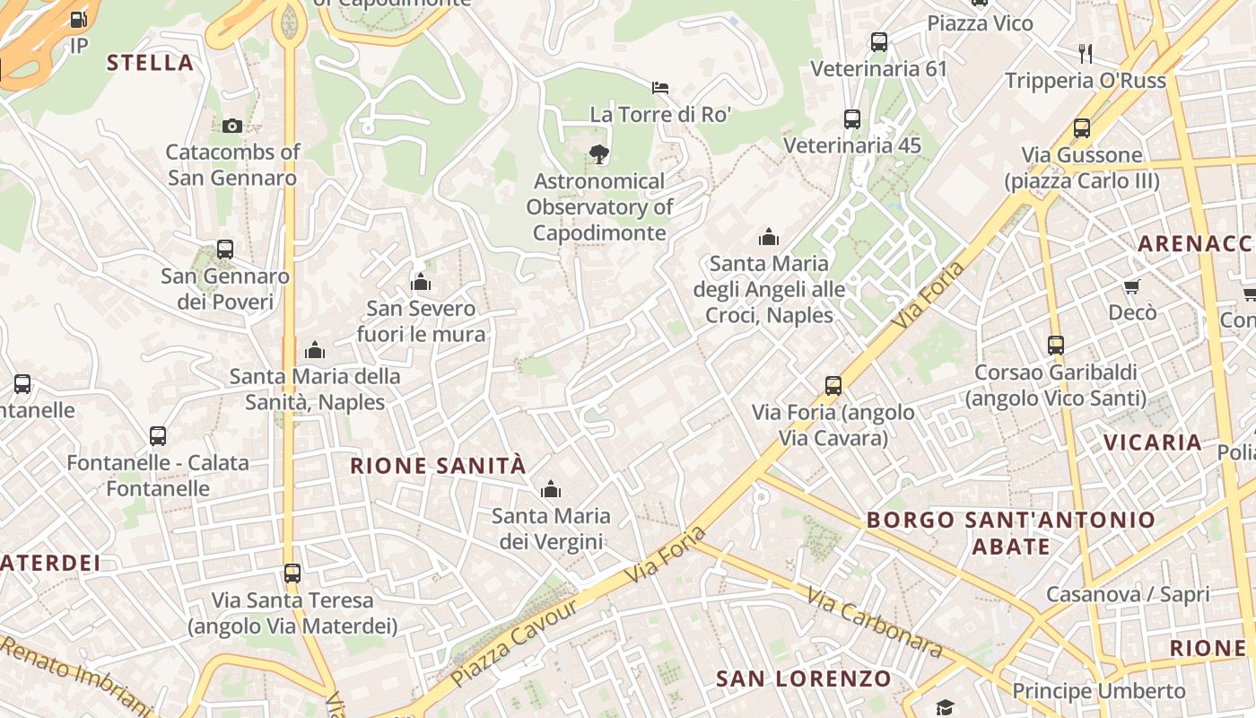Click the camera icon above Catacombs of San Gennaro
232,126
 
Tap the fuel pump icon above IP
79,18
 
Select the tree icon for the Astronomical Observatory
598,154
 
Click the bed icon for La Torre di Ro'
660,88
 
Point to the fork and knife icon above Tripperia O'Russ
1086,54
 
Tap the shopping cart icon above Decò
1132,286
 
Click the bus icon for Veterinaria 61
879,41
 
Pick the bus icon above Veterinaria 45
852,118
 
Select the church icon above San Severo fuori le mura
421,283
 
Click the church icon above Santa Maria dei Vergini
551,489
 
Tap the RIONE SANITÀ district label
438,466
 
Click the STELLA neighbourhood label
150,63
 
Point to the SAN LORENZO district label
804,679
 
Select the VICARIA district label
1153,442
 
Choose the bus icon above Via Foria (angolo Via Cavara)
833,386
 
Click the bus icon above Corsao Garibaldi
1056,345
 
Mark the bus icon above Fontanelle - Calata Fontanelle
158,436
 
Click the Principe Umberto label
1099,691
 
